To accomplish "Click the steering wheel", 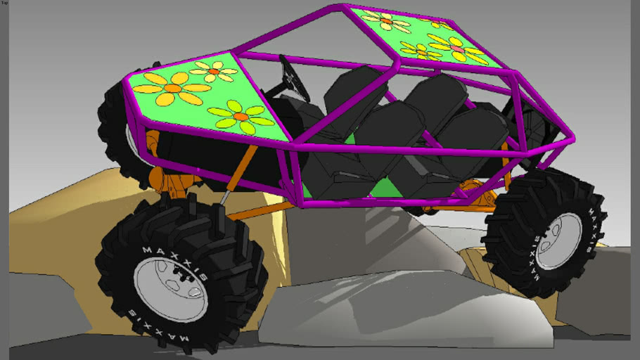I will (x=295, y=78).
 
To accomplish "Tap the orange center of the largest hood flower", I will (x=171, y=88).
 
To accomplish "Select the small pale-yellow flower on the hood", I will (x=215, y=71).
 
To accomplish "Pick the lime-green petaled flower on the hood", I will (x=241, y=116).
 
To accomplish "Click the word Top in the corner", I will (x=4, y=3).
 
